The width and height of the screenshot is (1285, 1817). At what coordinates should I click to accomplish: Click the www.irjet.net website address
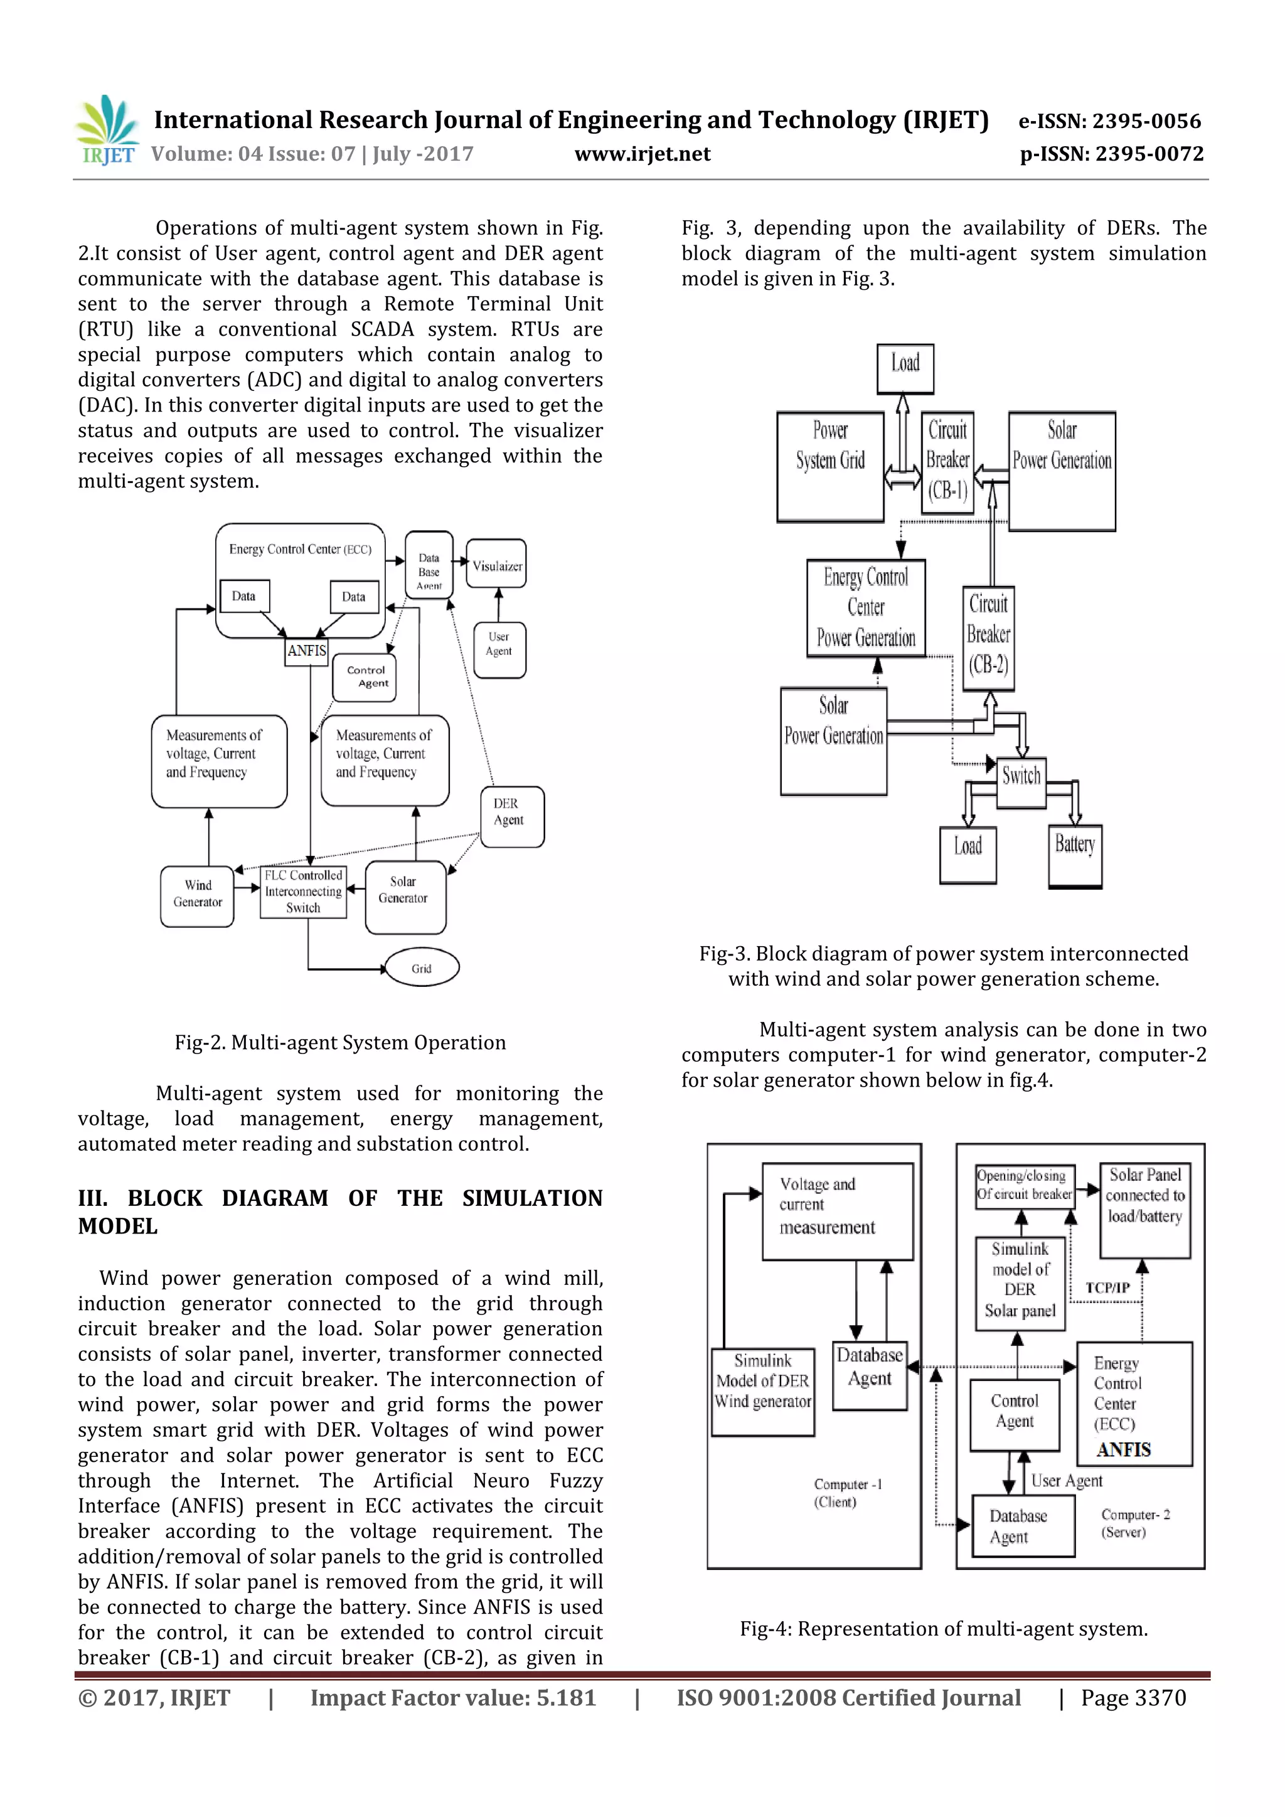(x=642, y=154)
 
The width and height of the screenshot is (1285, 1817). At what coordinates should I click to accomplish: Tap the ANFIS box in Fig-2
(x=307, y=651)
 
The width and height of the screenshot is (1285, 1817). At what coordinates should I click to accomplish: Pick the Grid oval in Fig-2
(x=422, y=968)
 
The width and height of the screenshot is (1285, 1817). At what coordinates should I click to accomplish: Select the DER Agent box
(x=511, y=815)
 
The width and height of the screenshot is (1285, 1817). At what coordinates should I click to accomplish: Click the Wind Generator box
(x=197, y=895)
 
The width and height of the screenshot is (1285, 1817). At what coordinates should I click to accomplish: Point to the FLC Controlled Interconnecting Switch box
(x=304, y=892)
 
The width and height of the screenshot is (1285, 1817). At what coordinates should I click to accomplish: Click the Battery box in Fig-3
(x=1075, y=856)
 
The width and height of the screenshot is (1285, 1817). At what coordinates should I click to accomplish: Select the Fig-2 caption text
(x=340, y=1042)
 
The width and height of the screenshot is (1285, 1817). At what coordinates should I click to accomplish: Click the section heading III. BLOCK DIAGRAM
(x=339, y=1211)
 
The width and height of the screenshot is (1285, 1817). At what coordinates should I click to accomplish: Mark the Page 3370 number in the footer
(x=1133, y=1698)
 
